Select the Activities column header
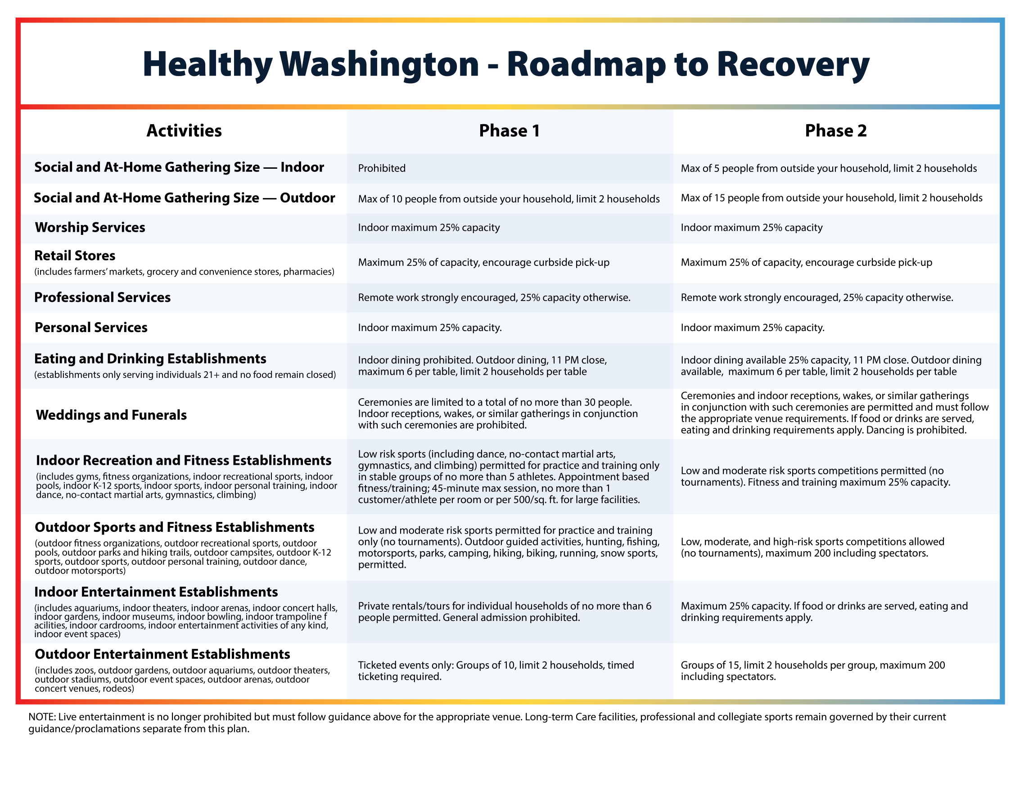[x=184, y=131]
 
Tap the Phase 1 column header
[x=509, y=131]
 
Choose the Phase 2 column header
[x=835, y=131]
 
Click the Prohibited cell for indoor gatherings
[x=382, y=168]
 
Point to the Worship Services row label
[x=90, y=227]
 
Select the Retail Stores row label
[x=75, y=256]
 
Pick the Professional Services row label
[x=102, y=297]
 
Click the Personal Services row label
[x=91, y=327]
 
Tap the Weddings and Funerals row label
[x=111, y=415]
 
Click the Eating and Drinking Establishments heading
[x=150, y=359]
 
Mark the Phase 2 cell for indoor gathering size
[x=829, y=168]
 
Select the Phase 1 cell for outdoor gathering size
[x=509, y=199]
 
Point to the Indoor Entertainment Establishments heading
[x=156, y=592]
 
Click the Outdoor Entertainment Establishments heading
[x=162, y=654]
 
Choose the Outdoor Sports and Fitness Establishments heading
[x=175, y=527]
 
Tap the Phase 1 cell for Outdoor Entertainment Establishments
[x=496, y=670]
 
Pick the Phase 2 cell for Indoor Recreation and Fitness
[x=815, y=476]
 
